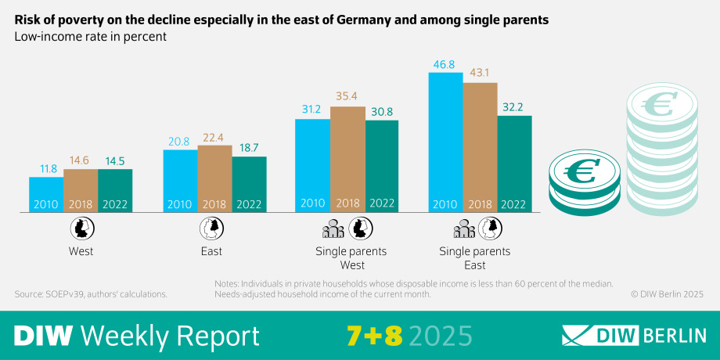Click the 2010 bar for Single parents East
pos(446,141)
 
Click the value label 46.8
pos(446,64)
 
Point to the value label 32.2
pos(515,107)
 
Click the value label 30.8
pos(382,112)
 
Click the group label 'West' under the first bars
pos(80,251)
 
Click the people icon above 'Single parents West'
pos(333,229)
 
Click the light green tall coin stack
pos(661,157)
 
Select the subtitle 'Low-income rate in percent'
pos(90,37)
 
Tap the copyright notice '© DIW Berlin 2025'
pos(667,294)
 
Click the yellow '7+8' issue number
pos(374,336)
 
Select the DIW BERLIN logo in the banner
pos(634,336)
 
